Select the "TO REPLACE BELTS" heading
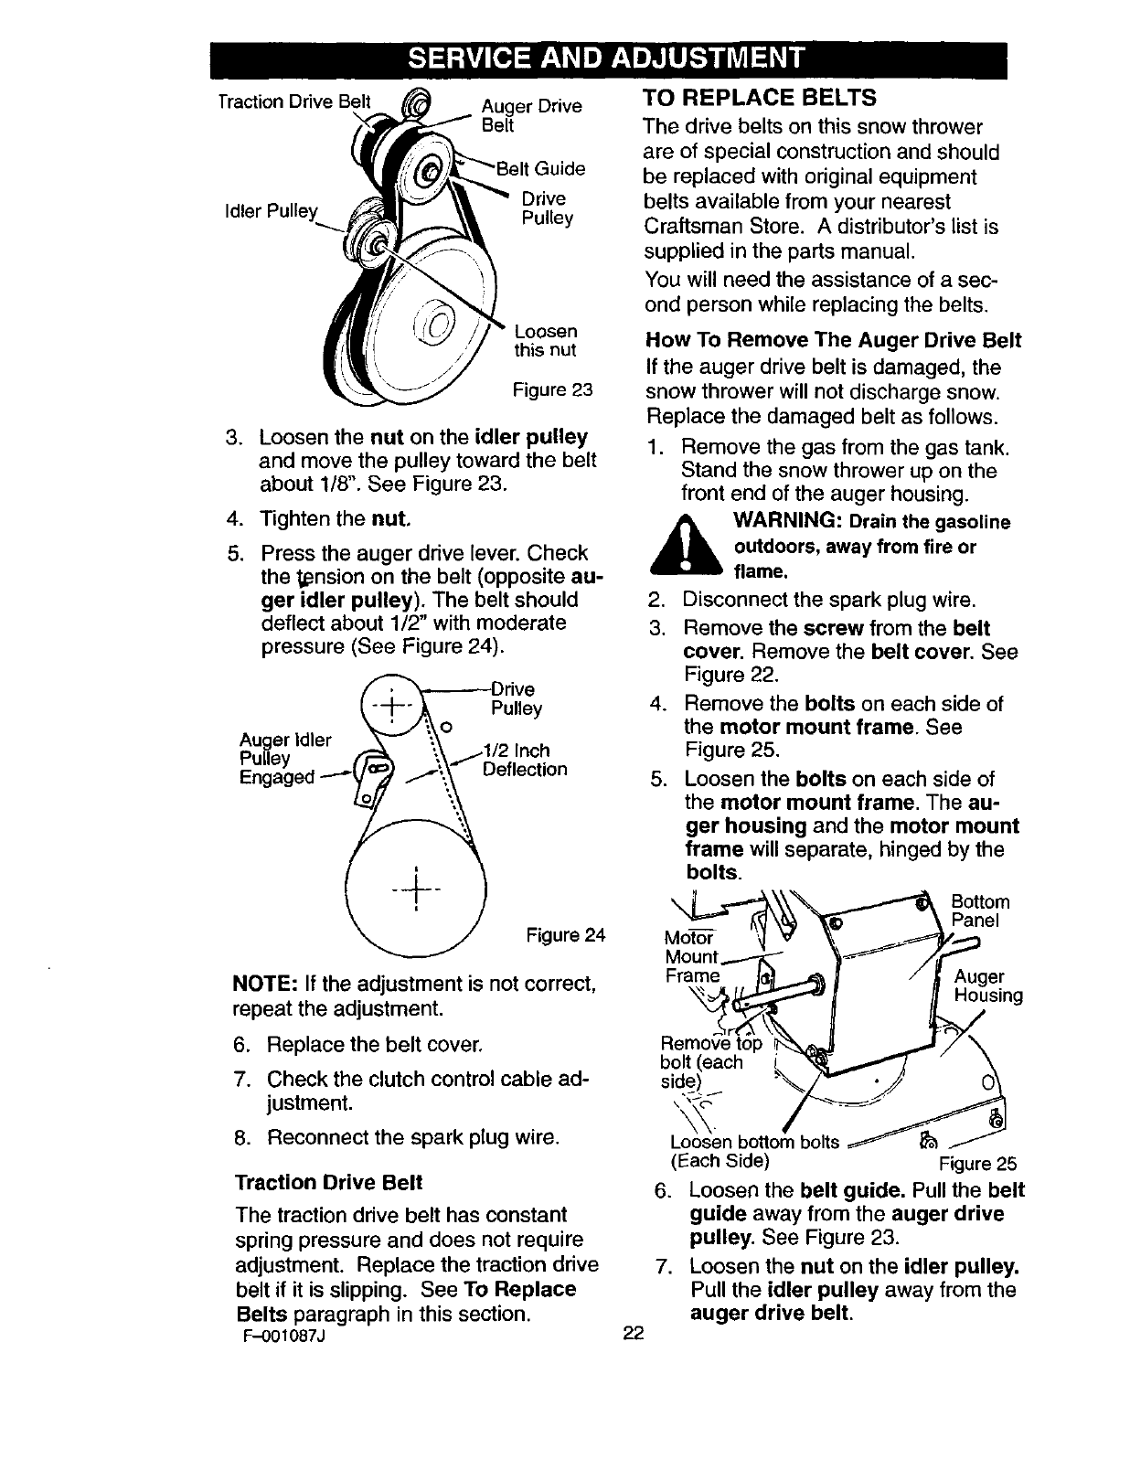click(760, 98)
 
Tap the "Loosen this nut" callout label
click(545, 340)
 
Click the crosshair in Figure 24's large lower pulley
click(415, 887)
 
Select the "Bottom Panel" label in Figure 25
click(980, 911)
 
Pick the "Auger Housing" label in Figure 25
click(987, 985)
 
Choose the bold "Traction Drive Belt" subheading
click(328, 1182)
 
